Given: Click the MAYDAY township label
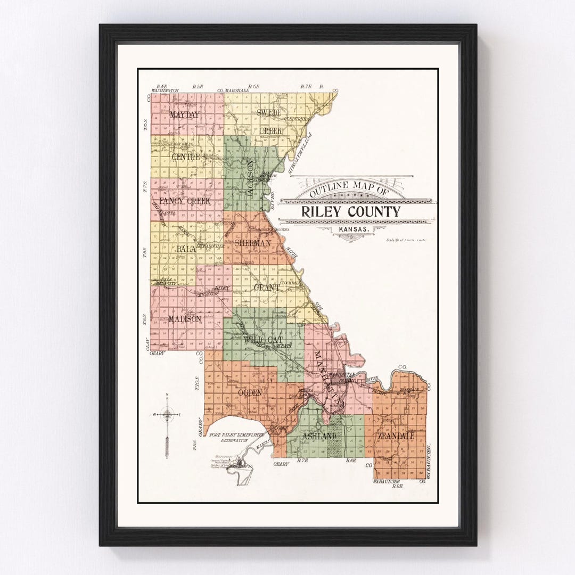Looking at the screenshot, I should [184, 114].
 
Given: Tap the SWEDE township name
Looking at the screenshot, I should [269, 112].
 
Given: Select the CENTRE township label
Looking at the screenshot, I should [186, 157].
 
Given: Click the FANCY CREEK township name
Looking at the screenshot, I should [185, 201].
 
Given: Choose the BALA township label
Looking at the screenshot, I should [186, 249].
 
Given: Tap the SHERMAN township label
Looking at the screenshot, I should [252, 243].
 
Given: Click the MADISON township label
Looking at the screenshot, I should [184, 318].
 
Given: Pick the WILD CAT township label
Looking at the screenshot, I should [263, 339].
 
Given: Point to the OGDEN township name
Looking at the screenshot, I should [250, 392].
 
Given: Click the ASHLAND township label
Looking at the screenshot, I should [319, 436].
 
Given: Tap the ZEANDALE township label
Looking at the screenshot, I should [397, 436].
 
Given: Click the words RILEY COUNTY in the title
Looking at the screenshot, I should [350, 211].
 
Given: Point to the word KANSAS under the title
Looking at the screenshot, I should [350, 230].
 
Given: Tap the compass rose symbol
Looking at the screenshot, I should [167, 414].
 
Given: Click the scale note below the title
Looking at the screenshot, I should [406, 240].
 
